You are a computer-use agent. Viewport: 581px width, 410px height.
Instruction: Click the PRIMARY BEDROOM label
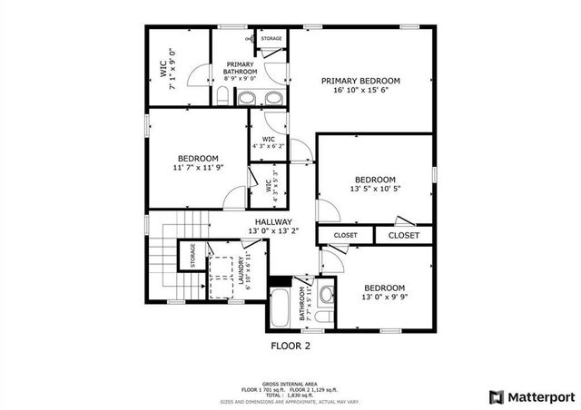click(x=360, y=80)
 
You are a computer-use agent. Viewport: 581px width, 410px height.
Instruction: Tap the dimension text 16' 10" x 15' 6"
click(x=360, y=91)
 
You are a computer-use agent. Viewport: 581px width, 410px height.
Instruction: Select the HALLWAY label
click(x=272, y=221)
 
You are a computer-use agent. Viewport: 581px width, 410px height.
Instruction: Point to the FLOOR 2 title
click(x=290, y=346)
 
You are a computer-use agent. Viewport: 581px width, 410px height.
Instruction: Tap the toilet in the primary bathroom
click(x=223, y=95)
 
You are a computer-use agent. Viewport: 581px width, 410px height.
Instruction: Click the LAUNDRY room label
click(x=242, y=270)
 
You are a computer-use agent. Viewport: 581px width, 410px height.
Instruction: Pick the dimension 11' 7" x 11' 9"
click(x=197, y=167)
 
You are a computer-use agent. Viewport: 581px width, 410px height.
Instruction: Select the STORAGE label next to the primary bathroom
click(x=271, y=39)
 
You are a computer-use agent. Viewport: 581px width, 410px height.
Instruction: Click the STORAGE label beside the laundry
click(x=192, y=257)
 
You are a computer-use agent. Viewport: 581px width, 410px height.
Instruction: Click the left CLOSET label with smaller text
click(x=346, y=235)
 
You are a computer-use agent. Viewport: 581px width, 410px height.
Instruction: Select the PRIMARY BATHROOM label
click(x=241, y=67)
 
